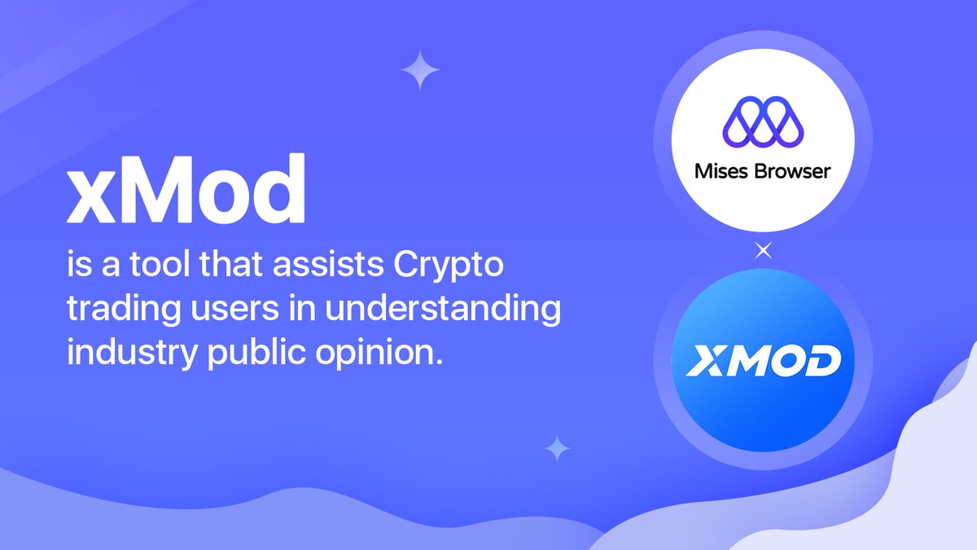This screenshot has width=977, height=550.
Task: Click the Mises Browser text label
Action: pos(763,172)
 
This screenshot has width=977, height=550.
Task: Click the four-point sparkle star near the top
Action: pos(420,70)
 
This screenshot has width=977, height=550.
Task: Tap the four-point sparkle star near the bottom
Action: pos(558,447)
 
